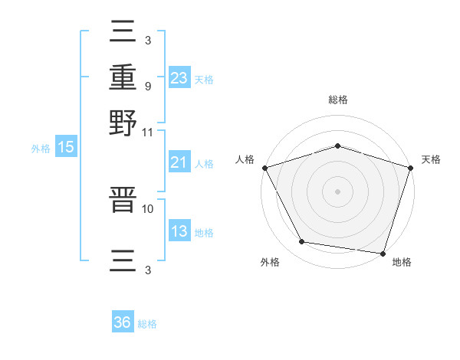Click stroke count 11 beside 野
pos(147,132)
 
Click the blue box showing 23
pos(179,78)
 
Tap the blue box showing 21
pos(179,163)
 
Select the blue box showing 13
pos(179,231)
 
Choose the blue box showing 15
pos(66,148)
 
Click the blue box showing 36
pos(122,322)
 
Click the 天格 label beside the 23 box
pos(204,80)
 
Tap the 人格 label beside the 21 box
pos(204,164)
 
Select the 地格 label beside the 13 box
pos(204,233)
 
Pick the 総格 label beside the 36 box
pos(147,324)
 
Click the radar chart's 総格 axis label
pos(337,100)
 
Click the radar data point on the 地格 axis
pos(383,253)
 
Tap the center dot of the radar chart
pos(337,191)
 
